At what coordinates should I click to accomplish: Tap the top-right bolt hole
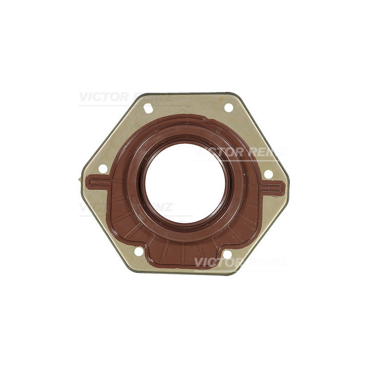[x=229, y=108]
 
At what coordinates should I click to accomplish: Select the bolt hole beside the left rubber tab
[x=103, y=169]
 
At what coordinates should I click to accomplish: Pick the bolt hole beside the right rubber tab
[x=268, y=174]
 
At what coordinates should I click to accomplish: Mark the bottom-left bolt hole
[x=138, y=252]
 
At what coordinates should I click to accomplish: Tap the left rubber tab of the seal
[x=98, y=183]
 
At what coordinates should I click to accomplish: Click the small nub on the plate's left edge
[x=79, y=179]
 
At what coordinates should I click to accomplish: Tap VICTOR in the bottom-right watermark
[x=219, y=262]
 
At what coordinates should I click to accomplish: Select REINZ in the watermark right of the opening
[x=267, y=152]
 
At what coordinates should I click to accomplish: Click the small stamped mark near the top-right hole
[x=221, y=98]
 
